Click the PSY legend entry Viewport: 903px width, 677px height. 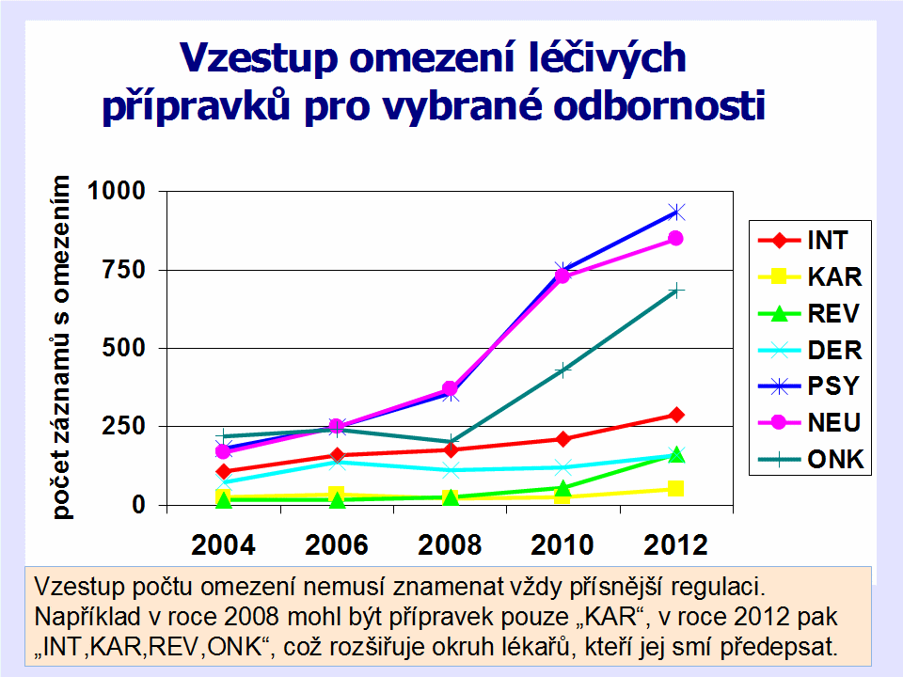click(811, 386)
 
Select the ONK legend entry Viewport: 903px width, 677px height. click(811, 460)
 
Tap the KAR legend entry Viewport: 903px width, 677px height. click(811, 276)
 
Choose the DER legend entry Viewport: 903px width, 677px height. click(811, 350)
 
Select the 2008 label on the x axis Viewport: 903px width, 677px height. click(450, 544)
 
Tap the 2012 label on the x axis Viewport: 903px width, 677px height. click(675, 544)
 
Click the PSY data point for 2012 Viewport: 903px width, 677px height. click(675, 212)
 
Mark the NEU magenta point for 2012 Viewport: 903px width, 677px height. click(675, 238)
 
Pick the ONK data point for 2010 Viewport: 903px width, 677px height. click(562, 370)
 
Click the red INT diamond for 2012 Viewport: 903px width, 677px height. click(675, 415)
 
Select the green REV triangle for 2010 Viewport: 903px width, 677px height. click(562, 488)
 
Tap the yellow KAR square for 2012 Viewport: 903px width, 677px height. click(675, 488)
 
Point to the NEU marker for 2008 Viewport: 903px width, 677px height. click(450, 388)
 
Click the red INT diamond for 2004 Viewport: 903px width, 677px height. click(223, 471)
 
